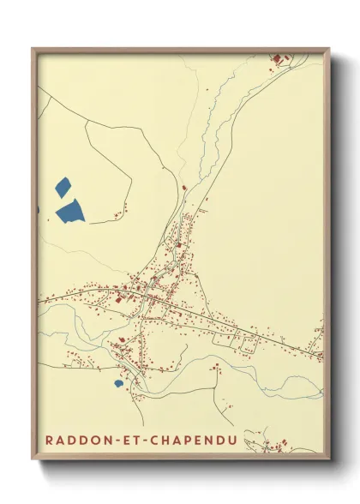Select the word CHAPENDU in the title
[x=196, y=441]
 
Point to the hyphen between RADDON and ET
[x=114, y=441]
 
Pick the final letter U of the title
[x=235, y=441]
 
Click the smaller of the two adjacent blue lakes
[x=62, y=186]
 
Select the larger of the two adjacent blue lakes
[x=70, y=210]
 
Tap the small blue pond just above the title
[x=117, y=383]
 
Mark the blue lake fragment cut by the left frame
[x=38, y=209]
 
